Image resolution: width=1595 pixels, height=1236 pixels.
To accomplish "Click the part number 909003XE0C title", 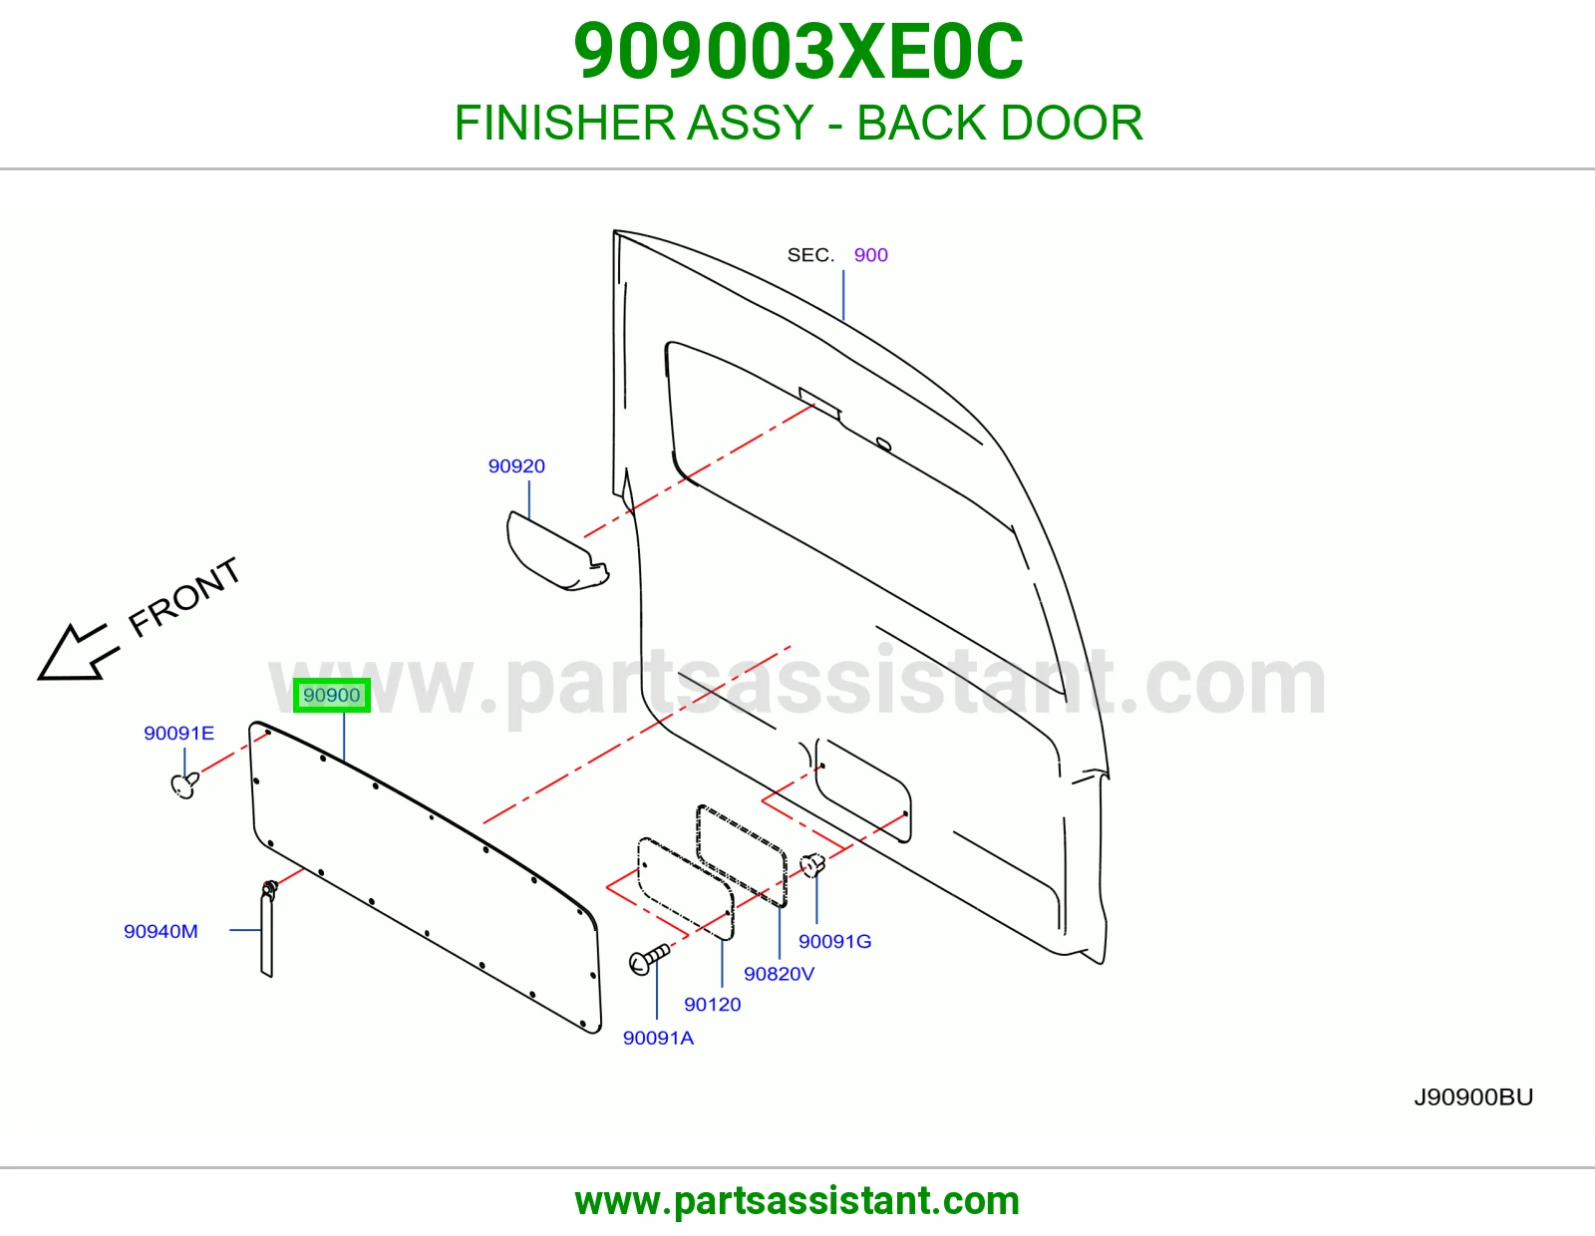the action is tap(797, 52).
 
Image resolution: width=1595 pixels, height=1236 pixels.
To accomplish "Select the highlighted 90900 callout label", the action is tap(332, 695).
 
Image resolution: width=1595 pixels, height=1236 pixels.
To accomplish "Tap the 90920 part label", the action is tap(516, 466).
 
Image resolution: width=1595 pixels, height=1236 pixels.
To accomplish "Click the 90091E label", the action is tap(179, 733).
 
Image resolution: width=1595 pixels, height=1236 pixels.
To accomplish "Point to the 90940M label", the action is tap(160, 931).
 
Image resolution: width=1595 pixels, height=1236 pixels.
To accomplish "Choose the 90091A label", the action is tap(658, 1038).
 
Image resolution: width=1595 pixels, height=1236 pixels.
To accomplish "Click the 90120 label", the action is tap(713, 1004).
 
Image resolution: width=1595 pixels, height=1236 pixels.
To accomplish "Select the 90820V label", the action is tap(780, 973).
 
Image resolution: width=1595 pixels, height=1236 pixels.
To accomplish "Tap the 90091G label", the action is tap(835, 941).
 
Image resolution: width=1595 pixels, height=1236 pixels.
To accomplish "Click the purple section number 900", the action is tap(871, 255).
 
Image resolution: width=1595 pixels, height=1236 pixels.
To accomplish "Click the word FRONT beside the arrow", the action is tap(184, 597).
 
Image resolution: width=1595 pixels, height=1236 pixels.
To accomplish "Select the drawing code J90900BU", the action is tap(1474, 1096).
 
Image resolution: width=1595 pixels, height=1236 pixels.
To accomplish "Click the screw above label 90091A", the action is tap(649, 959).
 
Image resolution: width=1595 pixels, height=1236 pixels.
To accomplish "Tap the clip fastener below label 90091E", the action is tap(185, 784).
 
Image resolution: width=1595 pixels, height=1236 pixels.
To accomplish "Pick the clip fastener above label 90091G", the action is tap(811, 864).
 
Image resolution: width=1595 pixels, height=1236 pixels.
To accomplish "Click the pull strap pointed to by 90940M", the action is tap(267, 930).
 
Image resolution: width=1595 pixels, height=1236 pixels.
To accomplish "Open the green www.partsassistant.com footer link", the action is tap(797, 1201).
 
